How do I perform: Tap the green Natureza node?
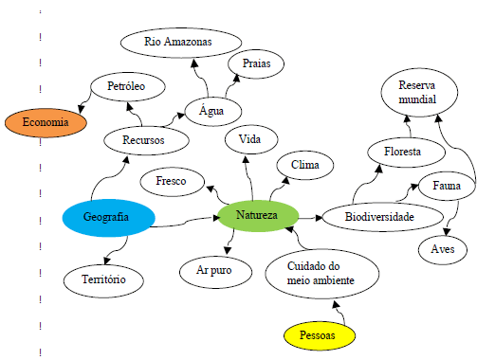[257, 216]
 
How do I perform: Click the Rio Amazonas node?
[177, 43]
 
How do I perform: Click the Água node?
[211, 110]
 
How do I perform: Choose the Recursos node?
[143, 140]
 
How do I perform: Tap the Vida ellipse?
[250, 140]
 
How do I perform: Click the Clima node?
[304, 166]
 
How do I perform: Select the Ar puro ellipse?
[214, 271]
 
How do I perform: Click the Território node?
[104, 279]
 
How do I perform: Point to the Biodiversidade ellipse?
[380, 218]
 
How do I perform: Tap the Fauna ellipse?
[446, 186]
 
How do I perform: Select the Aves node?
[443, 249]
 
